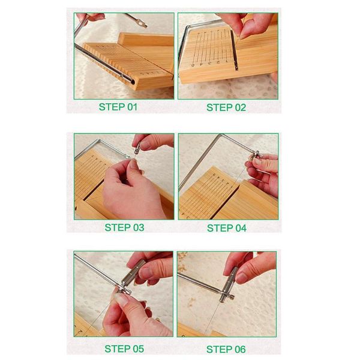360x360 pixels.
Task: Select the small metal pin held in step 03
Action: [x=136, y=149]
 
